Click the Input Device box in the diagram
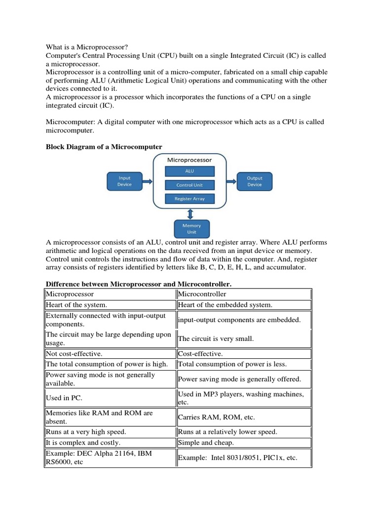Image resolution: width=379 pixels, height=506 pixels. [125, 181]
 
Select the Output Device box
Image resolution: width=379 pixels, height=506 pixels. [255, 181]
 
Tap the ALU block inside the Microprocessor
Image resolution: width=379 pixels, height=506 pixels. [189, 171]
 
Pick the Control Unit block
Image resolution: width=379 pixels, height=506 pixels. [189, 185]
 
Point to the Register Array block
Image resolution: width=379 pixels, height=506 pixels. [189, 199]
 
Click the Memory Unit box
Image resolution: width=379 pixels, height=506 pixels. [191, 228]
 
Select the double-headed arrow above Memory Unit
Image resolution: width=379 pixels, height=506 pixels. [190, 213]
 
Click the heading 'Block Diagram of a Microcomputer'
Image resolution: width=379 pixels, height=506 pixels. [104, 147]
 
